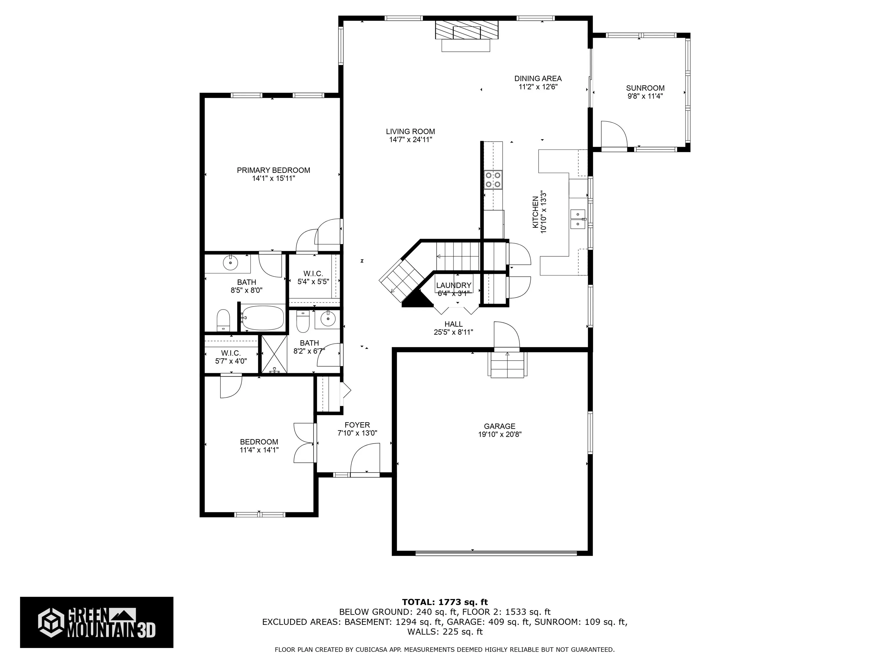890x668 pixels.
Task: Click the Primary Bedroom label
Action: [x=273, y=170]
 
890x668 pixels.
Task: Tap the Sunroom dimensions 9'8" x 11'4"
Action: [x=645, y=96]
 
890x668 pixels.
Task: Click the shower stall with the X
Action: [x=274, y=354]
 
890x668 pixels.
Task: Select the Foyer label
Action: [x=357, y=425]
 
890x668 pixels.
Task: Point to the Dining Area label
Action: [x=538, y=79]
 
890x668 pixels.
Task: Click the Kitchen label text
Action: [x=535, y=213]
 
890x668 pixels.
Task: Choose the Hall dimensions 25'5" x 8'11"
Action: [x=453, y=332]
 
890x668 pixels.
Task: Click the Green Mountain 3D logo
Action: [x=96, y=622]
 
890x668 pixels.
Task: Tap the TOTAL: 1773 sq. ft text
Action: [x=445, y=602]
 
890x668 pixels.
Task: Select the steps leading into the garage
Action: [x=507, y=364]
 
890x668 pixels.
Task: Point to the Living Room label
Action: [x=411, y=132]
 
